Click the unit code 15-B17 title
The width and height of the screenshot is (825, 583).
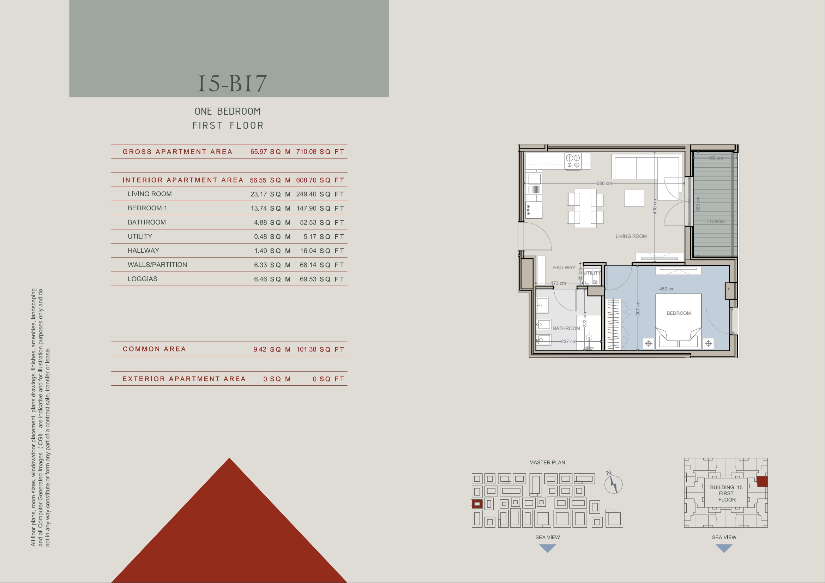click(232, 83)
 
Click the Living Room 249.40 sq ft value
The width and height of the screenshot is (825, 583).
click(320, 194)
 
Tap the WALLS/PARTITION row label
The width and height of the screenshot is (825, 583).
click(157, 265)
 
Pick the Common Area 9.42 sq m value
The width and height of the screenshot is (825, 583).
click(272, 349)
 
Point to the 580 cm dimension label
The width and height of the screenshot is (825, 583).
click(604, 183)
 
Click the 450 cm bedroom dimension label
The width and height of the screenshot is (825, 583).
click(667, 289)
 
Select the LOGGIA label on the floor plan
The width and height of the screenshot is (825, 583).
click(716, 221)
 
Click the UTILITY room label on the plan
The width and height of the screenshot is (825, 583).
click(592, 273)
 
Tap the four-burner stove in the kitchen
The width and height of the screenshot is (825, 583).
click(573, 161)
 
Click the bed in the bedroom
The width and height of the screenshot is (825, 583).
click(679, 321)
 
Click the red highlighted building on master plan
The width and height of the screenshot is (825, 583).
click(477, 504)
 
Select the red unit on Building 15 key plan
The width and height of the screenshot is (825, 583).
click(762, 482)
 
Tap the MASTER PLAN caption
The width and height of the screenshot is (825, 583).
click(547, 463)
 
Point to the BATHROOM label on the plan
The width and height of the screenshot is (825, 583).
click(566, 328)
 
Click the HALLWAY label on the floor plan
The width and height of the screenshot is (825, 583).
click(564, 268)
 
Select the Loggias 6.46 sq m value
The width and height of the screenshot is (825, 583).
click(272, 279)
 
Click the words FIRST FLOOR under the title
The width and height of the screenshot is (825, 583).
click(228, 125)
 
